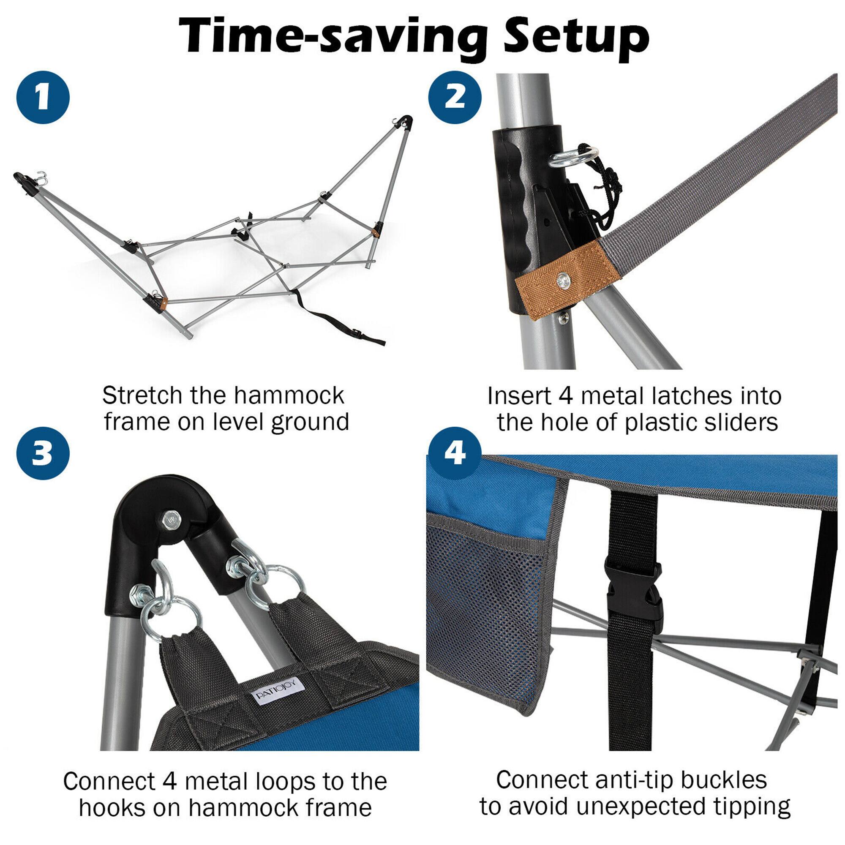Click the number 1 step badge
[x=43, y=98]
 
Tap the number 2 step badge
[x=455, y=98]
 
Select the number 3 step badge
[x=43, y=452]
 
